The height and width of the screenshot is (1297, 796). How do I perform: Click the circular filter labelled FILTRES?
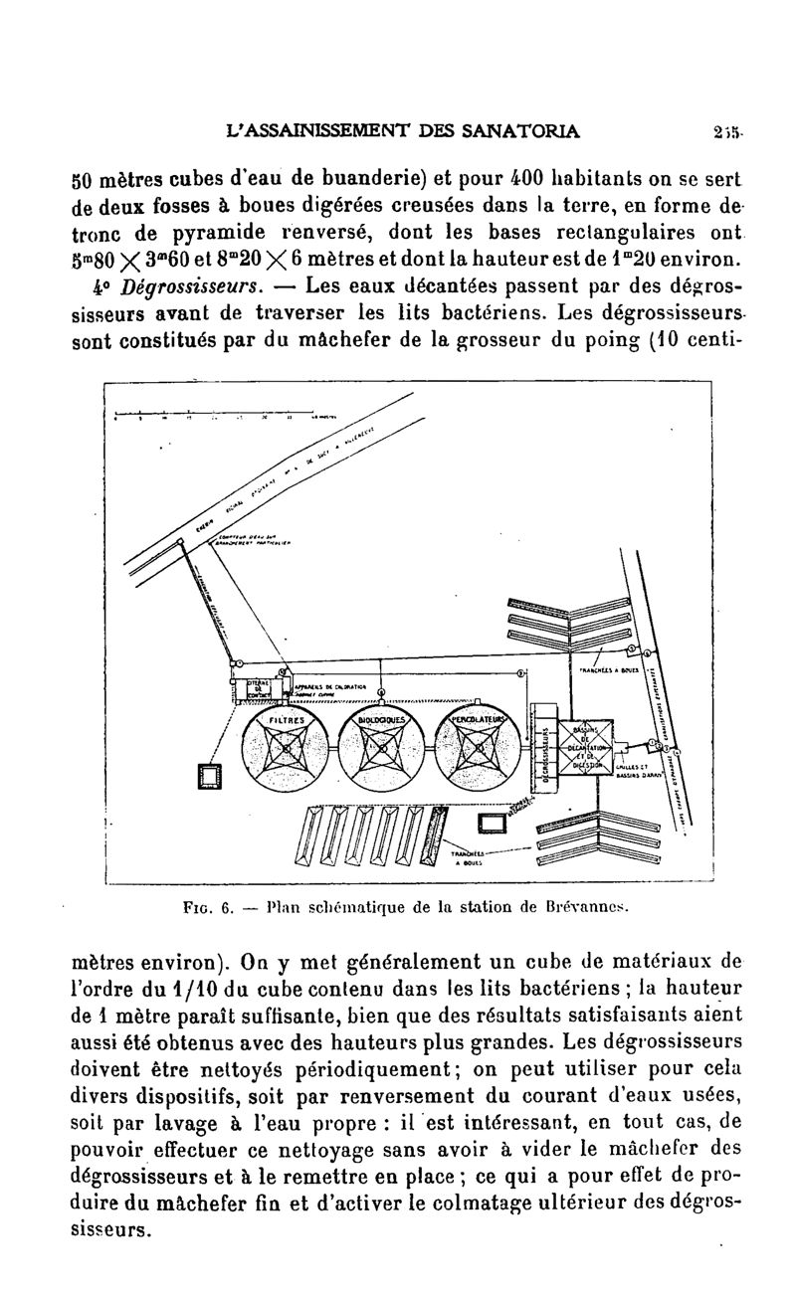286,747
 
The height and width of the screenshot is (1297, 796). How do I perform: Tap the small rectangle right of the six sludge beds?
492,823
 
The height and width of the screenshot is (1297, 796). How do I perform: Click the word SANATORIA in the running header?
526,129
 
